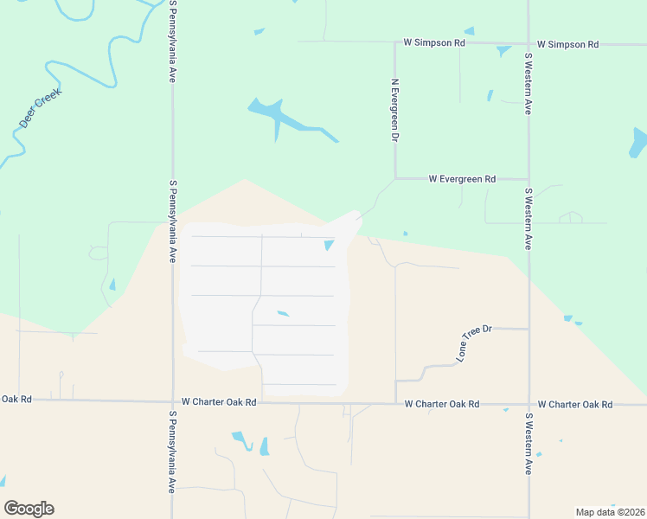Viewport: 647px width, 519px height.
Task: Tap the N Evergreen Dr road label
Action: [x=394, y=111]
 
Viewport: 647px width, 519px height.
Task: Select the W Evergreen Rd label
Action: [x=462, y=179]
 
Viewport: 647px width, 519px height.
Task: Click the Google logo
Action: [x=29, y=509]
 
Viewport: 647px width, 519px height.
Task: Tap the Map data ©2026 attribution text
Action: [x=609, y=512]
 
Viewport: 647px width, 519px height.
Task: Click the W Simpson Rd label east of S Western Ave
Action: [x=567, y=43]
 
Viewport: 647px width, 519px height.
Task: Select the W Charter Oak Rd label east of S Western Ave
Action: [x=574, y=404]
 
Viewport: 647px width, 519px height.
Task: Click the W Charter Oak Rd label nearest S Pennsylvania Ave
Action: [x=219, y=402]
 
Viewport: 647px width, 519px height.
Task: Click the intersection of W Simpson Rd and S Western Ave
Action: [x=528, y=43]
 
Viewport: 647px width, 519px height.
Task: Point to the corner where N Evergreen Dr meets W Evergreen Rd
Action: [x=395, y=179]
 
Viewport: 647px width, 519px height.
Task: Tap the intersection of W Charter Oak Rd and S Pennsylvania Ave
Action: [x=173, y=401]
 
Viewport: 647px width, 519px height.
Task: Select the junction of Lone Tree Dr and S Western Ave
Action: [x=528, y=329]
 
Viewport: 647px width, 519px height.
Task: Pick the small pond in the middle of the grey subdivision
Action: [x=283, y=313]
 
